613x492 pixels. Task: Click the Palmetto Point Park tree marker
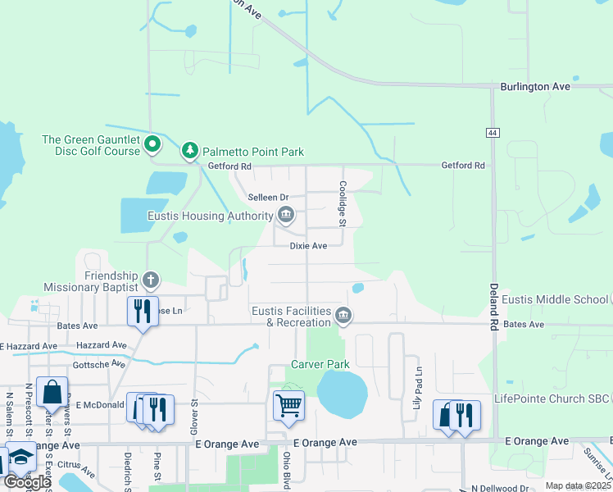(190, 151)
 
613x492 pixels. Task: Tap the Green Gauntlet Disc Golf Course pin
(152, 145)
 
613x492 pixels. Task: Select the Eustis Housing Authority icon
(286, 216)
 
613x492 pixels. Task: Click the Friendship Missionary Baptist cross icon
(150, 280)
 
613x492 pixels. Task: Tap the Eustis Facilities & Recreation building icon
(344, 316)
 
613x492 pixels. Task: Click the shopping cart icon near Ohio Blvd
(288, 404)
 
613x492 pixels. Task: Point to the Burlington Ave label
(535, 86)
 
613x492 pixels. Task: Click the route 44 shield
(492, 133)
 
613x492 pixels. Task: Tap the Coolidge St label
(343, 204)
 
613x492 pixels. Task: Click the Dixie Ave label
(308, 246)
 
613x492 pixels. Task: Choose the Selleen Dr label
(269, 198)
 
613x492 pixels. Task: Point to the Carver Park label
(320, 364)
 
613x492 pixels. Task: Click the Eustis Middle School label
(556, 299)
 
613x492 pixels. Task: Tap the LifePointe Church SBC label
(552, 399)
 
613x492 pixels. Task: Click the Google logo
(26, 482)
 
